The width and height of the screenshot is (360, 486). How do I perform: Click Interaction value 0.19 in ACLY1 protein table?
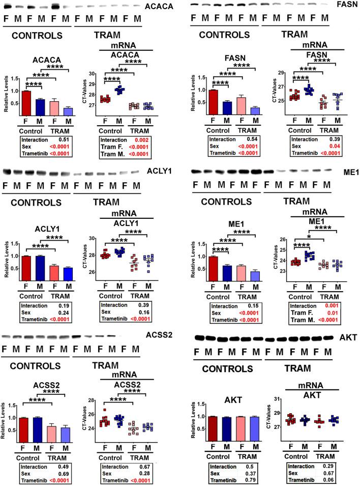[67, 296]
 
